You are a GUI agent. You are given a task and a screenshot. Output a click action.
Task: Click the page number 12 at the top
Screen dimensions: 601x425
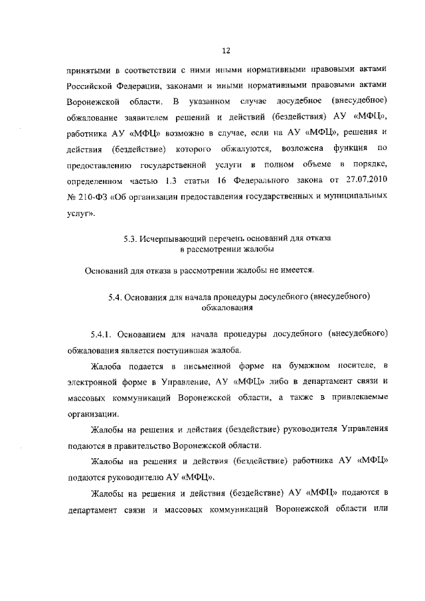click(226, 50)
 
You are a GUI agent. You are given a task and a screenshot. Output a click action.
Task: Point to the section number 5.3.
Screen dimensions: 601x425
click(131, 238)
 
